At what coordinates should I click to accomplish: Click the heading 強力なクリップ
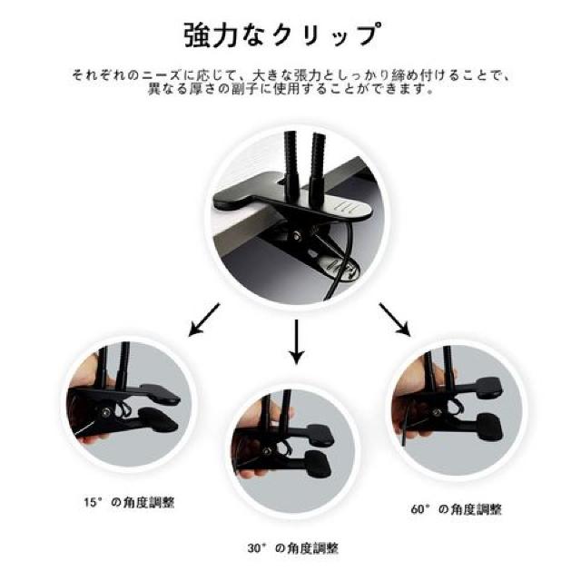282,35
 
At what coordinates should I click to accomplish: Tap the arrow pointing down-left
204,320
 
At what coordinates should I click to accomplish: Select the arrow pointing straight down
296,342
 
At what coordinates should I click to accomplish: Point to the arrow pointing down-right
394,320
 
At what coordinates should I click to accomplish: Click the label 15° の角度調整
129,502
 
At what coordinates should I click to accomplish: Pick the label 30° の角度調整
292,548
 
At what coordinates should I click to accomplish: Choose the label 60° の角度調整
457,509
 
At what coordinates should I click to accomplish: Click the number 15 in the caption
90,503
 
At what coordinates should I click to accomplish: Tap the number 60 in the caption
418,509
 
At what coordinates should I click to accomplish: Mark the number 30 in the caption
254,548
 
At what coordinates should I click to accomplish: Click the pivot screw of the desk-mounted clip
297,235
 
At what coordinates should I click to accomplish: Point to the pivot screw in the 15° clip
105,411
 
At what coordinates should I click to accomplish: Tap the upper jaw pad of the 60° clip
488,388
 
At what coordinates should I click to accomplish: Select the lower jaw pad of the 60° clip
489,427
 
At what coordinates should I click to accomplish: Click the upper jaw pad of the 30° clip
320,434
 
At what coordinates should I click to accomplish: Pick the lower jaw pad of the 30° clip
319,464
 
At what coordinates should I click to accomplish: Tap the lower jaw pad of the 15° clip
159,419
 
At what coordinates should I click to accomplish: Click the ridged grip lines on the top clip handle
346,207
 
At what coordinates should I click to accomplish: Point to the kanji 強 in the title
196,35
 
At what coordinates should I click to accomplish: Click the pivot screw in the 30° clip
265,450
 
